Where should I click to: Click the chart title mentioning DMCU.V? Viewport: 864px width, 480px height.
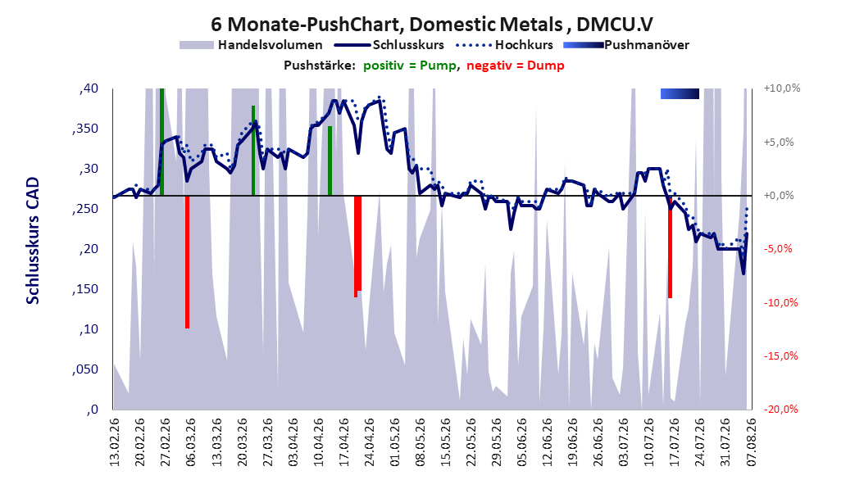tap(432, 25)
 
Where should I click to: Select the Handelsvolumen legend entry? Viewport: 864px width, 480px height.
tap(251, 45)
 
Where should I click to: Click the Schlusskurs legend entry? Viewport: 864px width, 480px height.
tap(389, 45)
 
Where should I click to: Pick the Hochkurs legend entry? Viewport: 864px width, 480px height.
tap(505, 45)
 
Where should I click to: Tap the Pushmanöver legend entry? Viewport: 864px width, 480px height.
tap(626, 45)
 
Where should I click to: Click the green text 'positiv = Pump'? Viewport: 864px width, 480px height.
tap(410, 66)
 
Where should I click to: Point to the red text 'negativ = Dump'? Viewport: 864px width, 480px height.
tap(516, 66)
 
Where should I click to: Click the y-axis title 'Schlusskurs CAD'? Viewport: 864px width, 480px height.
tap(33, 241)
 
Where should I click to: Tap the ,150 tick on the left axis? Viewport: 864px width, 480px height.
tap(85, 289)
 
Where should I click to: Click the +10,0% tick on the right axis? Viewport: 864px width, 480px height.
tap(782, 88)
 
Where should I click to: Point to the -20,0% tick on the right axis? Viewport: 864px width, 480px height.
tap(780, 409)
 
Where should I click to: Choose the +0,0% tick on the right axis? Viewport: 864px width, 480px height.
tap(779, 196)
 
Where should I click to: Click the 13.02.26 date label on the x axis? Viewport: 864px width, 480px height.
tap(115, 442)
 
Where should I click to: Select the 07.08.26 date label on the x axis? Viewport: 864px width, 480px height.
tap(751, 442)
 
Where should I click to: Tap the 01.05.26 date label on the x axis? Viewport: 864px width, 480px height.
tap(394, 442)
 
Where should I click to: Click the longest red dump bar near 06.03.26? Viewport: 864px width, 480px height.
tap(188, 262)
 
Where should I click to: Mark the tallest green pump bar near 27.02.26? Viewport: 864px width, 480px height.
tap(162, 142)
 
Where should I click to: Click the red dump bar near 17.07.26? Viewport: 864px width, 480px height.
tap(670, 247)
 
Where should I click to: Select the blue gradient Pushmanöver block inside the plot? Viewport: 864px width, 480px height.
tap(680, 93)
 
